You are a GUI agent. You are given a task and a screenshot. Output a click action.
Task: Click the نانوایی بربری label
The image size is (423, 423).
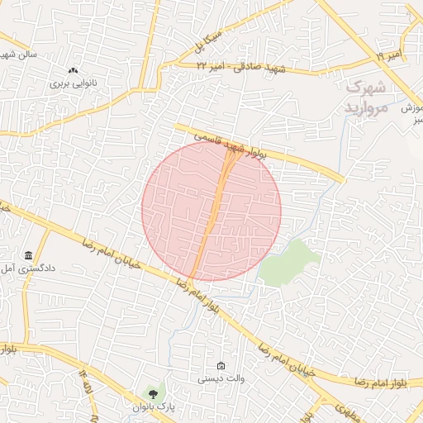click(74, 83)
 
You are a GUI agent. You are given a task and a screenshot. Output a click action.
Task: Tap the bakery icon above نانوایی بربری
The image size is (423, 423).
click(74, 71)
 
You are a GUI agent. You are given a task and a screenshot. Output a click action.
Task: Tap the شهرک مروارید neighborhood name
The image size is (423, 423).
click(366, 97)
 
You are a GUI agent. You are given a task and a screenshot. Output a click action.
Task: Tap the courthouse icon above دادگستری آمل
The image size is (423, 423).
click(29, 254)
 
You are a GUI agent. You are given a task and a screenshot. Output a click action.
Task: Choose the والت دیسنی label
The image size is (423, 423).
click(219, 378)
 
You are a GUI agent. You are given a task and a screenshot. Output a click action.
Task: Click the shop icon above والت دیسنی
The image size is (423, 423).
click(220, 366)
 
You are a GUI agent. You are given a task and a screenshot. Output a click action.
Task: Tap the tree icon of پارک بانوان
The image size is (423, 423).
click(153, 392)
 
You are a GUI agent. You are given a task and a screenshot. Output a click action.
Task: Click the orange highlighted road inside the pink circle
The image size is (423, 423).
click(211, 215)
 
